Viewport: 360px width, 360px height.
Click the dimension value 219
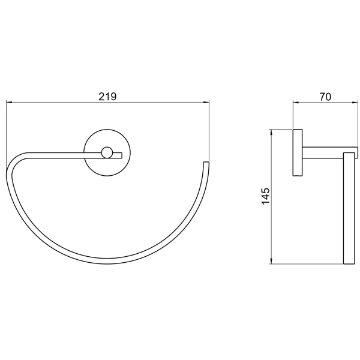click(107, 97)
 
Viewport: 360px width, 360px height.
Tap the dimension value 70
click(325, 97)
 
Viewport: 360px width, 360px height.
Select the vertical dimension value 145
click(265, 196)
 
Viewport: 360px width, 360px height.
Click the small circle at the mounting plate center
click(107, 153)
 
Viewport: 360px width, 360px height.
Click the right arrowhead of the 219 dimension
click(206, 102)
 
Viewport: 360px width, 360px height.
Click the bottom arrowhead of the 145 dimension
click(271, 261)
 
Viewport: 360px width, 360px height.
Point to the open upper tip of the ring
click(206, 163)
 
